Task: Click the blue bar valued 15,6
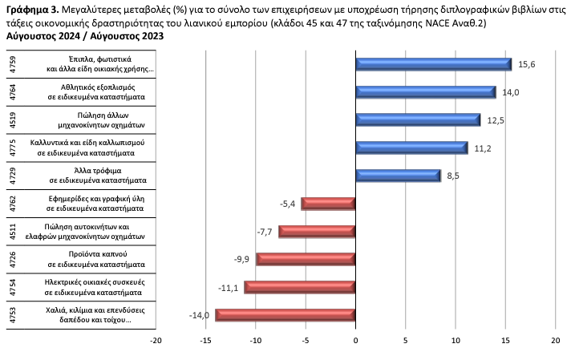click(433, 64)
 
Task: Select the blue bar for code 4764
click(425, 92)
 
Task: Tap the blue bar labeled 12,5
click(418, 120)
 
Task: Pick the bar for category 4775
click(411, 148)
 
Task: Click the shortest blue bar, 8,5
click(398, 176)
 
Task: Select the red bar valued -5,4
click(328, 204)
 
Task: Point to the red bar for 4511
click(317, 232)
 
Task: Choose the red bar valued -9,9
click(306, 259)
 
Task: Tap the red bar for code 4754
click(300, 287)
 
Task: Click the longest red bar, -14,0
click(285, 315)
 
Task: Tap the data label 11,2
click(480, 148)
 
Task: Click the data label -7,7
click(265, 231)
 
